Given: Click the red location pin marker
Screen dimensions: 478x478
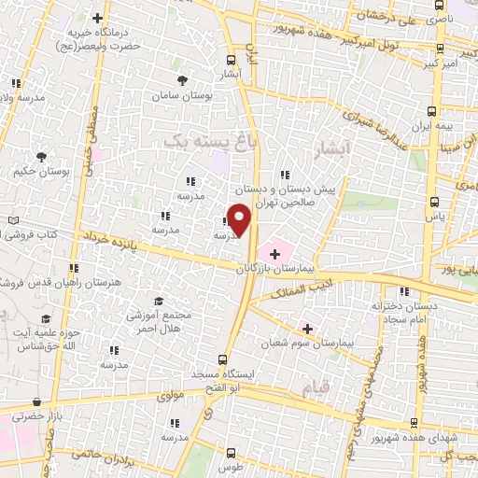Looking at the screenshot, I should (x=240, y=220).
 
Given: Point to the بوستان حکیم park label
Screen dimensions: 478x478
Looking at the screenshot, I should (x=40, y=171).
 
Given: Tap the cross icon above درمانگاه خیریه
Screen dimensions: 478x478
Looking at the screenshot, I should (x=98, y=17).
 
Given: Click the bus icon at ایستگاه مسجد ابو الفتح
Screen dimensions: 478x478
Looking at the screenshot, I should (x=222, y=359).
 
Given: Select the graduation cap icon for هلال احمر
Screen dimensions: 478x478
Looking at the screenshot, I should (x=159, y=302).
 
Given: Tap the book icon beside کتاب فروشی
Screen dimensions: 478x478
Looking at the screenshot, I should (x=12, y=220).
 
